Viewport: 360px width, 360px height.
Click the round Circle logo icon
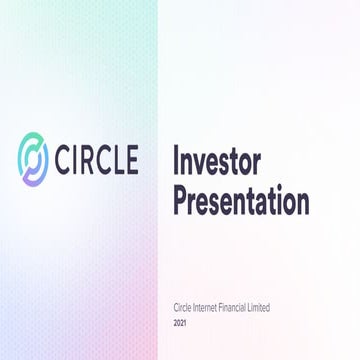(x=37, y=161)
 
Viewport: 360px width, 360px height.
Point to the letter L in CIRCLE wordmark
(x=138, y=161)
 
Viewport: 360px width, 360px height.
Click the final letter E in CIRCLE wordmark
(x=156, y=161)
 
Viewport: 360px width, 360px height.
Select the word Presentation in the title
(x=241, y=200)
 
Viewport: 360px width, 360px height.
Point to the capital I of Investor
(x=178, y=160)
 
